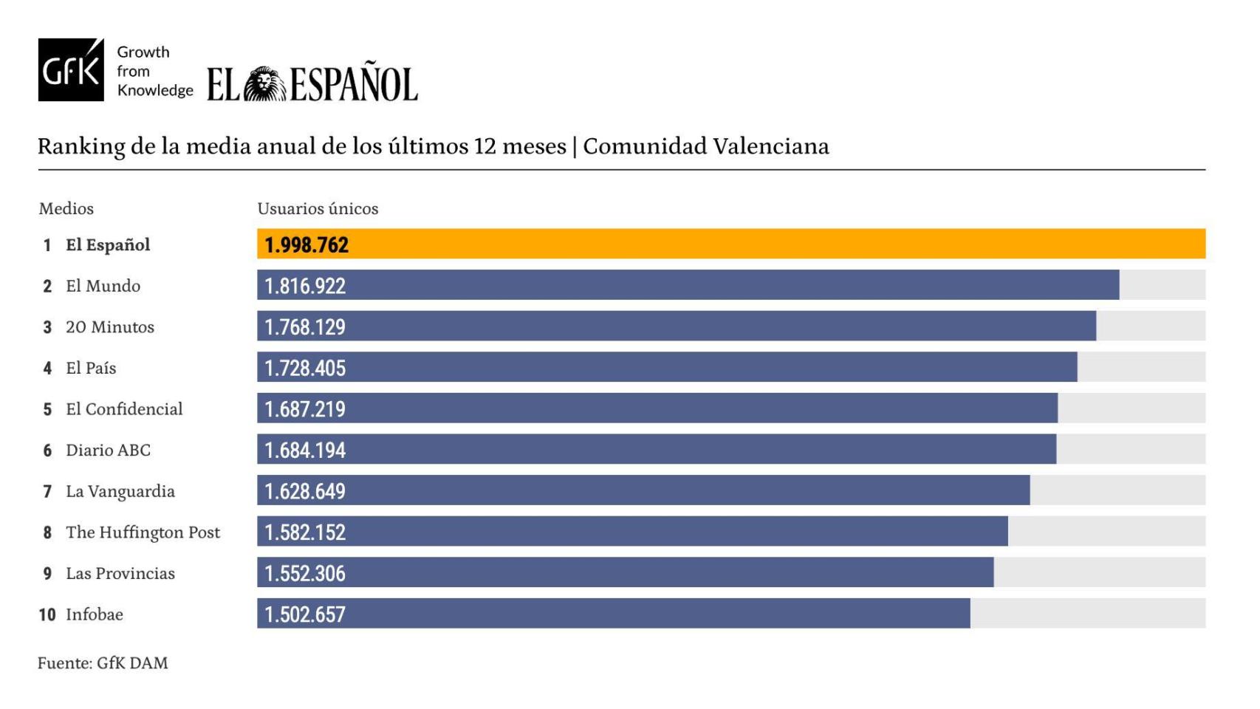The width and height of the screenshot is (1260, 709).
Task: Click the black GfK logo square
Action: click(x=71, y=70)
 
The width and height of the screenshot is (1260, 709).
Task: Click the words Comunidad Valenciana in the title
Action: click(x=705, y=146)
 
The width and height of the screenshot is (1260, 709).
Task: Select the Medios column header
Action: click(x=66, y=209)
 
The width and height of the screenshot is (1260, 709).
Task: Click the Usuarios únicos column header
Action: click(x=318, y=209)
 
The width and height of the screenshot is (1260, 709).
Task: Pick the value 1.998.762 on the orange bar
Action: click(x=307, y=245)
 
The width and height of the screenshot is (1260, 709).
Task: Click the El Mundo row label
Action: click(x=103, y=286)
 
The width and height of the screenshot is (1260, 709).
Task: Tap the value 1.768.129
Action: click(x=305, y=327)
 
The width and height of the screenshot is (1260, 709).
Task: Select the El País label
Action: click(x=91, y=368)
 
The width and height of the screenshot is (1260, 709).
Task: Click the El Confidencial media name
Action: click(x=124, y=409)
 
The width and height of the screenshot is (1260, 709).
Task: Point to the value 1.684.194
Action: click(x=305, y=451)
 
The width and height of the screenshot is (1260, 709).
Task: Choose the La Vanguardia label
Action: click(x=120, y=492)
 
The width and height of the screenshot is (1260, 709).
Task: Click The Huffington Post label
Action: click(x=143, y=532)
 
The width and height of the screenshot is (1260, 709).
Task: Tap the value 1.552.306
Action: click(x=305, y=574)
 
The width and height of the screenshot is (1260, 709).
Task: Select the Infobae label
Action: click(x=95, y=614)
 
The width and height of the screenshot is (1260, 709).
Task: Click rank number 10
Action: click(x=47, y=614)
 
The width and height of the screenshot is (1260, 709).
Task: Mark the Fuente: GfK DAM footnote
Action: click(x=103, y=663)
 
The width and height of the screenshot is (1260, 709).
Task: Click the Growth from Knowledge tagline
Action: click(x=154, y=71)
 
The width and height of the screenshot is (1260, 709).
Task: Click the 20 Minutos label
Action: click(x=110, y=327)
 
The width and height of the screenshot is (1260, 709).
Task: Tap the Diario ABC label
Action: click(x=108, y=451)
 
